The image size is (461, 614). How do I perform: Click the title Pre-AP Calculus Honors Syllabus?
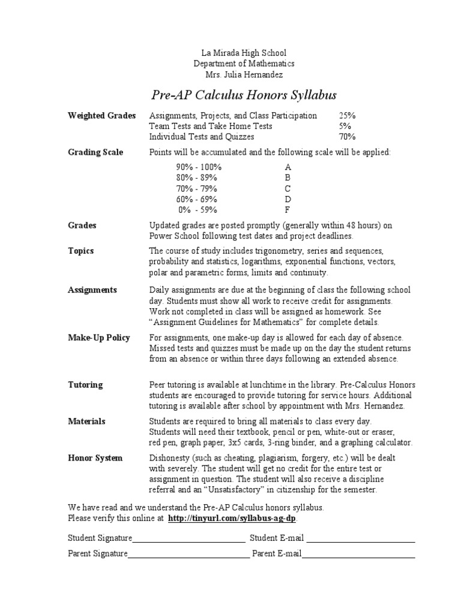(x=243, y=95)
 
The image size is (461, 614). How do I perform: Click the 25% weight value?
(x=347, y=115)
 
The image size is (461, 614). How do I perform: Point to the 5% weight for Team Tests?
(x=345, y=126)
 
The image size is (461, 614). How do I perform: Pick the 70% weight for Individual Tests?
(x=347, y=137)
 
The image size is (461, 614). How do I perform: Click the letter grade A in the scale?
(x=288, y=167)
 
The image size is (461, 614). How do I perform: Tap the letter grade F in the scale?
(x=287, y=210)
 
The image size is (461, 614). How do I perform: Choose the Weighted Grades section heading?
(x=102, y=115)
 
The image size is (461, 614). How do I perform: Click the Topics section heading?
(x=81, y=251)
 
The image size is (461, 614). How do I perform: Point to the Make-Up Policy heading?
(x=99, y=338)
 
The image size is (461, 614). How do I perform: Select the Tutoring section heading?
(x=85, y=384)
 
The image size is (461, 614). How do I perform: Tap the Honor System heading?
(x=95, y=458)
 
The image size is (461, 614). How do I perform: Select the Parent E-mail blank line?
(x=358, y=555)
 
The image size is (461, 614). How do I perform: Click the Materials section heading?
(x=86, y=421)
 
